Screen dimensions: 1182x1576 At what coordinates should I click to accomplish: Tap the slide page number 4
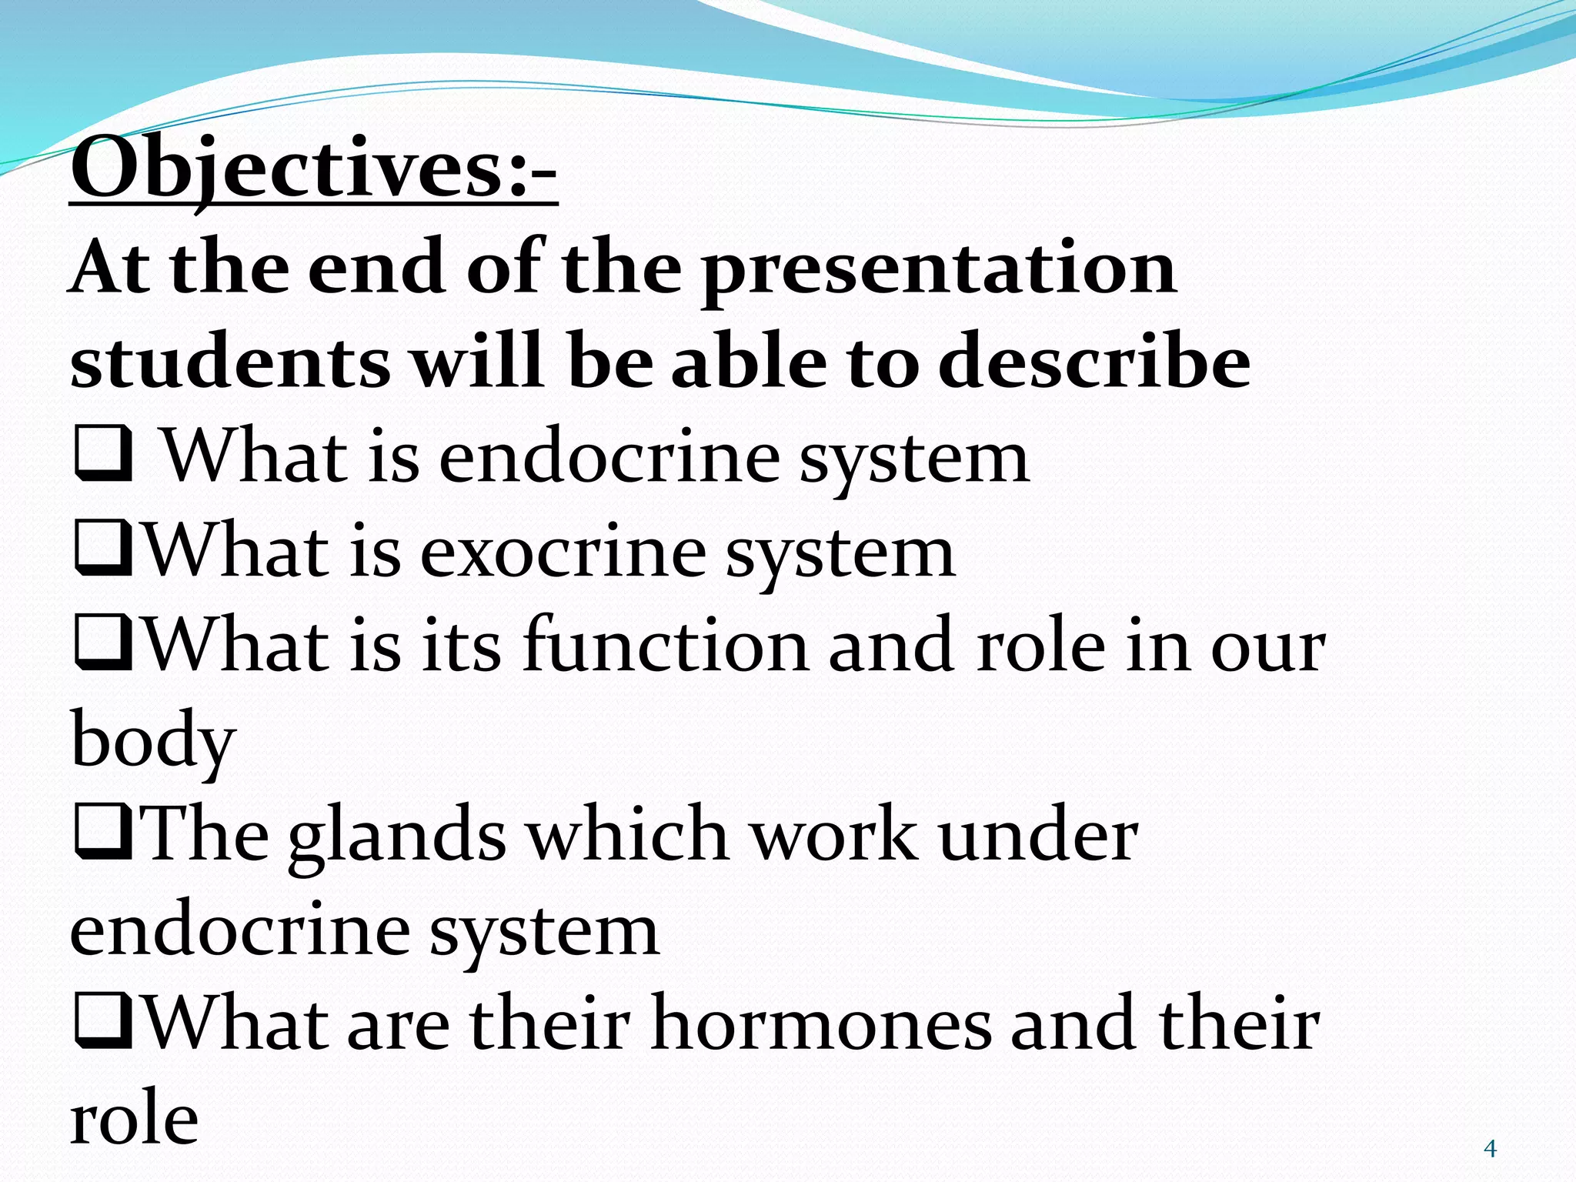point(1490,1149)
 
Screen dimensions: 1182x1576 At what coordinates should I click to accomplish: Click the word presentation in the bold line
point(938,269)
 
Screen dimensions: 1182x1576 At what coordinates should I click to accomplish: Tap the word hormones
point(820,1023)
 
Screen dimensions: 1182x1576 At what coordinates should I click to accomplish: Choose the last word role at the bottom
point(134,1120)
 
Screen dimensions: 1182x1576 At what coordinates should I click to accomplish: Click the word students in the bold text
point(229,362)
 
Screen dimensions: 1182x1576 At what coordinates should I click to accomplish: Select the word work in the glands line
point(833,835)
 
